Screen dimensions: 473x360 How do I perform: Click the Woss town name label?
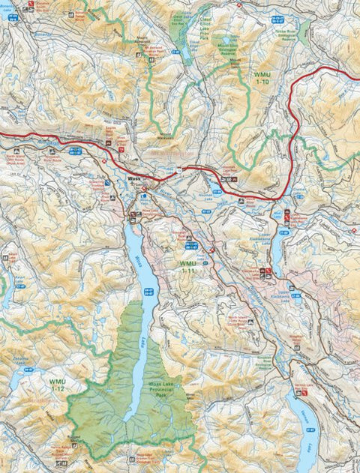(135, 179)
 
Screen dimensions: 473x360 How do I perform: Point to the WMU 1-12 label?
(57, 385)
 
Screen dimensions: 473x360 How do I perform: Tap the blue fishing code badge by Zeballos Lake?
(28, 370)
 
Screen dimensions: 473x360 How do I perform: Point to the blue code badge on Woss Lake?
(148, 292)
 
